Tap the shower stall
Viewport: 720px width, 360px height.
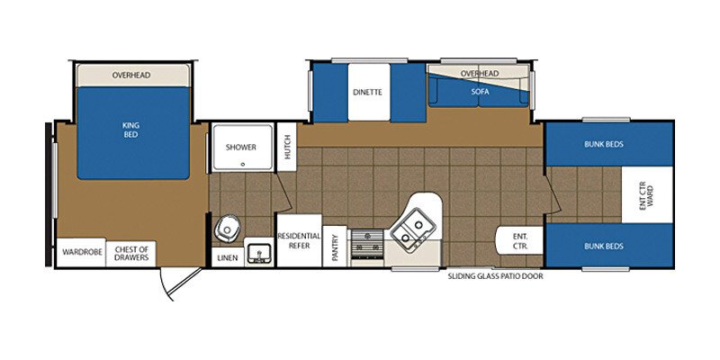pyautogui.click(x=241, y=147)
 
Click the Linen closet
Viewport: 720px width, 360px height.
pyautogui.click(x=228, y=257)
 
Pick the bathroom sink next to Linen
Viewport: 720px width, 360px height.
pyautogui.click(x=259, y=253)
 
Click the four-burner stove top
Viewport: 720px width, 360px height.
pyautogui.click(x=366, y=242)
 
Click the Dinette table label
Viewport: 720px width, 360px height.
pyautogui.click(x=367, y=92)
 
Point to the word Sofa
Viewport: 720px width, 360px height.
pyautogui.click(x=478, y=92)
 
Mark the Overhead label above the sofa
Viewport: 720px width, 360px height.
pyautogui.click(x=479, y=73)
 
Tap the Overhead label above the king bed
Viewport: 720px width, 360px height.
pyautogui.click(x=131, y=75)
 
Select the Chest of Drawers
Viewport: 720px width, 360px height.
pyautogui.click(x=130, y=253)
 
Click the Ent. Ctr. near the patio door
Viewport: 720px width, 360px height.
pyautogui.click(x=519, y=240)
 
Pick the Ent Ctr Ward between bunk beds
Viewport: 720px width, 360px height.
pyautogui.click(x=645, y=194)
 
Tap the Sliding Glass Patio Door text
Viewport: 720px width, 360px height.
pyautogui.click(x=495, y=276)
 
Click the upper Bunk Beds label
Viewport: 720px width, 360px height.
pyautogui.click(x=604, y=144)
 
